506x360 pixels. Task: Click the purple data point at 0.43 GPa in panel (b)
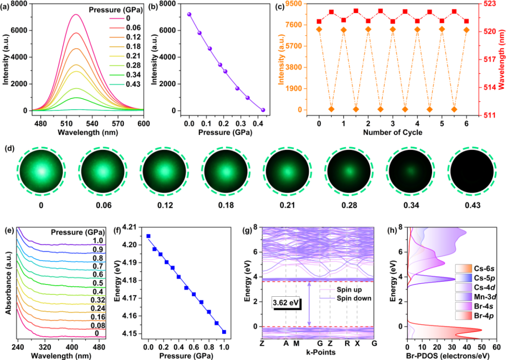click(x=263, y=110)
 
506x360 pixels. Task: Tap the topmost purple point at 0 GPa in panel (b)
click(x=189, y=14)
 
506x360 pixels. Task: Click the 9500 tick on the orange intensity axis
click(x=294, y=4)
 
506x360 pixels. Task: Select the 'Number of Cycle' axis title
click(x=393, y=132)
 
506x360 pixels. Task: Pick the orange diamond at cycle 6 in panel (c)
click(x=466, y=30)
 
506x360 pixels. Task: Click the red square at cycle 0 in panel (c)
click(x=319, y=21)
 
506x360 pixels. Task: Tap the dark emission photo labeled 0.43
click(x=472, y=172)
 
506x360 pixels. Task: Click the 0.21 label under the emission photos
click(x=287, y=205)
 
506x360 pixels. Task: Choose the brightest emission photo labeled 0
click(x=41, y=172)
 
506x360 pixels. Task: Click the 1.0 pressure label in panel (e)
click(x=98, y=240)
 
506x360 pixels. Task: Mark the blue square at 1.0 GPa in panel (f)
click(x=224, y=332)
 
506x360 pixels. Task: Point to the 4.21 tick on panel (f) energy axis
click(x=131, y=227)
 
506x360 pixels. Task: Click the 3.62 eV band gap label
click(x=286, y=304)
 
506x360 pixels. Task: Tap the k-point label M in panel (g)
click(x=296, y=343)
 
